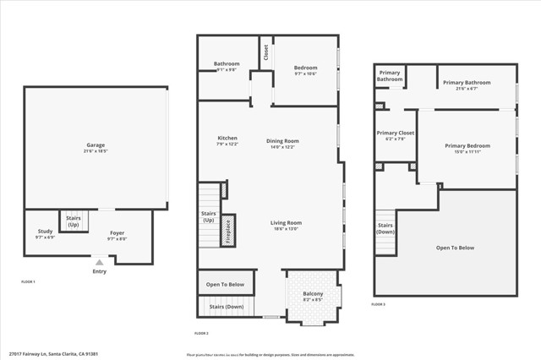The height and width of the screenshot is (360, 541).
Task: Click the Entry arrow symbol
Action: pos(100,263)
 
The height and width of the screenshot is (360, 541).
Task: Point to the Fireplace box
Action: pos(227,231)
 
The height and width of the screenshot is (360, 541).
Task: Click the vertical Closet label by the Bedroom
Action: pos(265,52)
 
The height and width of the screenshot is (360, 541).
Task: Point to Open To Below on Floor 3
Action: pos(455,248)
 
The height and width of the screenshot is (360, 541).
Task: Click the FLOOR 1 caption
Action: pos(28,281)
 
